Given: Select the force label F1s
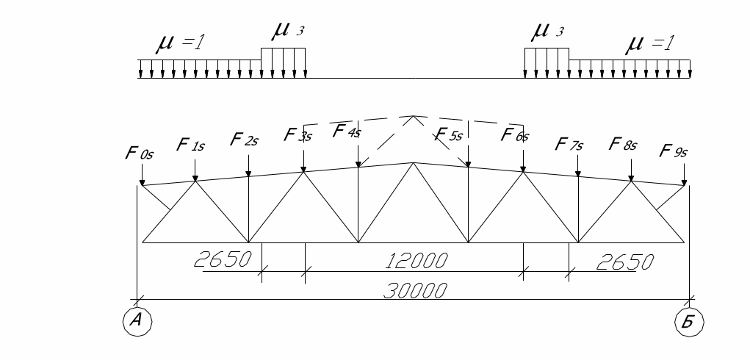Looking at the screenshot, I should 191,144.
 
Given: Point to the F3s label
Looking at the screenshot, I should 299,135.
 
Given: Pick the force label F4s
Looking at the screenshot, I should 347,132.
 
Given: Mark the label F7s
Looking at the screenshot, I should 569,143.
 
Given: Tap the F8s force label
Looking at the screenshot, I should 624,144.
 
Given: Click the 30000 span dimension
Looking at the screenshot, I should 414,291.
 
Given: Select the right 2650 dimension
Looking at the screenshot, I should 624,262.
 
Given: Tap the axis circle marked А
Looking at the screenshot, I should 137,320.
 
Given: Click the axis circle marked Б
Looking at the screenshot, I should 689,320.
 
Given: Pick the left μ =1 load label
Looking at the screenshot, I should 179,45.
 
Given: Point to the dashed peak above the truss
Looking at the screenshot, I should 414,116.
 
